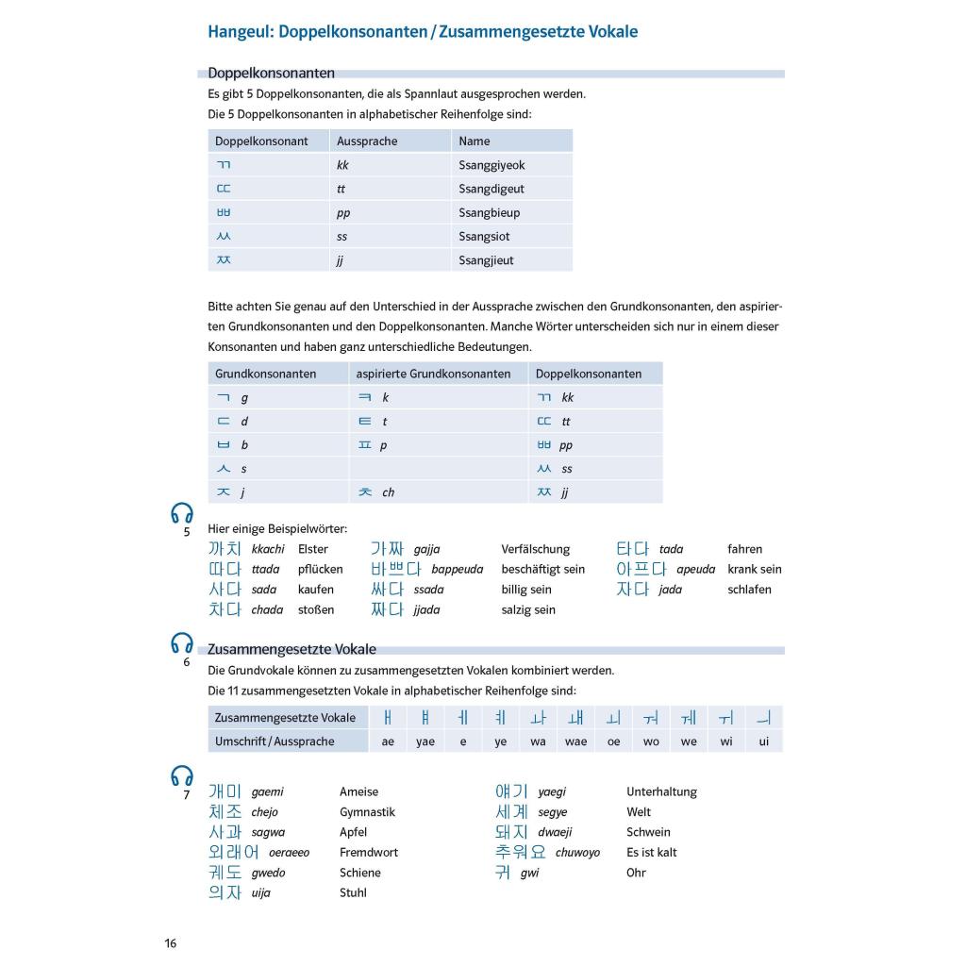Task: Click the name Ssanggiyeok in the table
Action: click(491, 165)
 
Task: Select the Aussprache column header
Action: click(367, 141)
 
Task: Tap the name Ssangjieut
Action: click(486, 260)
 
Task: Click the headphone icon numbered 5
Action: click(182, 513)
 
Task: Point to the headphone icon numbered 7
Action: click(182, 776)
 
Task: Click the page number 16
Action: click(171, 943)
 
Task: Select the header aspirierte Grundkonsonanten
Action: click(433, 374)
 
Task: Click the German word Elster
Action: click(313, 549)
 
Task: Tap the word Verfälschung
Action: click(535, 549)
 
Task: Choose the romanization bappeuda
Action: click(457, 569)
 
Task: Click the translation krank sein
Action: click(755, 569)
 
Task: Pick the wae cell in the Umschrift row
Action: click(575, 741)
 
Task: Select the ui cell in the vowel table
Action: click(763, 741)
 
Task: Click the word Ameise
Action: click(358, 791)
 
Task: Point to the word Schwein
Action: click(648, 832)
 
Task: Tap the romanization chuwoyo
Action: click(577, 852)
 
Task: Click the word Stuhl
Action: click(353, 892)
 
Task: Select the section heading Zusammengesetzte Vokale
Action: click(291, 649)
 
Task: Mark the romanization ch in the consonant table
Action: click(388, 492)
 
